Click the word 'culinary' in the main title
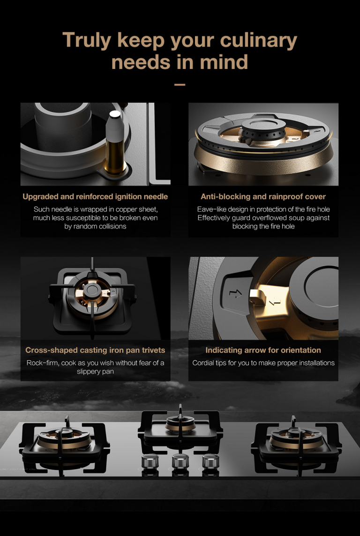pos(258,41)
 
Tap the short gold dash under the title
pos(180,84)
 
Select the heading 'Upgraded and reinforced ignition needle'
pos(95,197)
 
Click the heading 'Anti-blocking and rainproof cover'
pos(263,197)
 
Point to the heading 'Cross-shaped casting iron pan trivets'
pos(95,350)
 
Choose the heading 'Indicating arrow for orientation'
pos(263,350)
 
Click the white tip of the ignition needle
pos(115,115)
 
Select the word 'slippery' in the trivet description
pos(89,371)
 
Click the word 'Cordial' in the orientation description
pos(203,363)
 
